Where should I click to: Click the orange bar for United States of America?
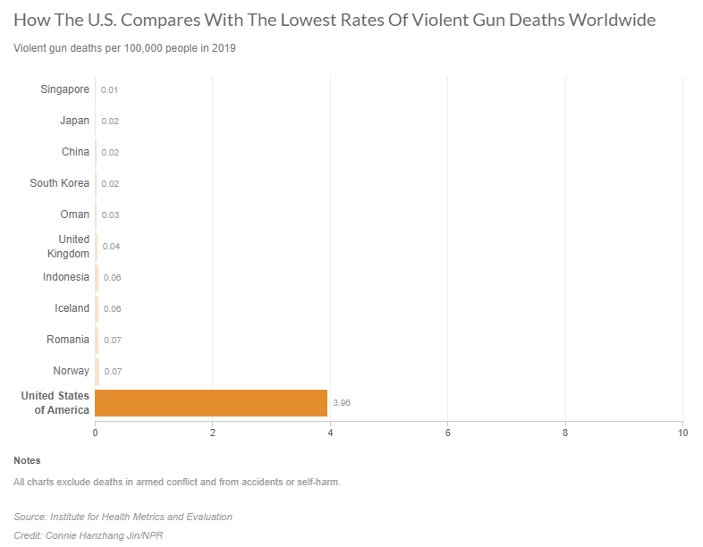tap(211, 403)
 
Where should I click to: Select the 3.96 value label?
tap(341, 403)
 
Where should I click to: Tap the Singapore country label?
tap(64, 88)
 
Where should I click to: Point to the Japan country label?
tap(75, 121)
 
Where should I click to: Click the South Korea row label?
tap(59, 183)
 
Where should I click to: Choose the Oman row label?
tap(75, 215)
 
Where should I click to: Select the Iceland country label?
tap(72, 308)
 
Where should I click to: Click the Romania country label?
tap(68, 340)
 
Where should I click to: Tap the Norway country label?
tap(71, 371)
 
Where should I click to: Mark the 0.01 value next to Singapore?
tap(110, 90)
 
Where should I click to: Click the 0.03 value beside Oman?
tap(111, 215)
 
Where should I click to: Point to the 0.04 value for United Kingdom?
tap(112, 247)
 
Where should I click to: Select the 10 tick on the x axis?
tap(682, 433)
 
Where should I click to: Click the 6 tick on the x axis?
tap(447, 433)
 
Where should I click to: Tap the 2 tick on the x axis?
tap(213, 433)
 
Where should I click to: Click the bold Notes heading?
tap(27, 461)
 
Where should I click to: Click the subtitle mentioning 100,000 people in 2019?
tap(124, 48)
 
